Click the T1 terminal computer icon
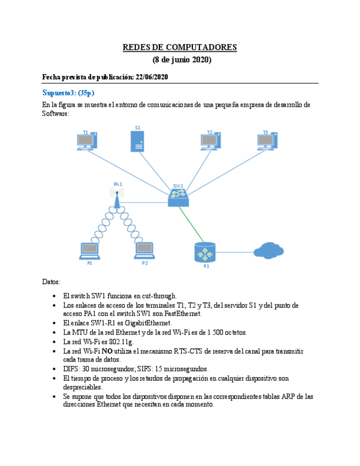coord(87,142)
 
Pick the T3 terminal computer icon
coord(267,142)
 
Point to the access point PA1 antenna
coord(117,197)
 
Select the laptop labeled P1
coord(90,251)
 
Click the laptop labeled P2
coord(144,251)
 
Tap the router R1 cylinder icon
coord(206,253)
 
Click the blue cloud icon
coord(269,251)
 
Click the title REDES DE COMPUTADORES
coord(180,47)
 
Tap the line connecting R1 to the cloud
coord(235,252)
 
